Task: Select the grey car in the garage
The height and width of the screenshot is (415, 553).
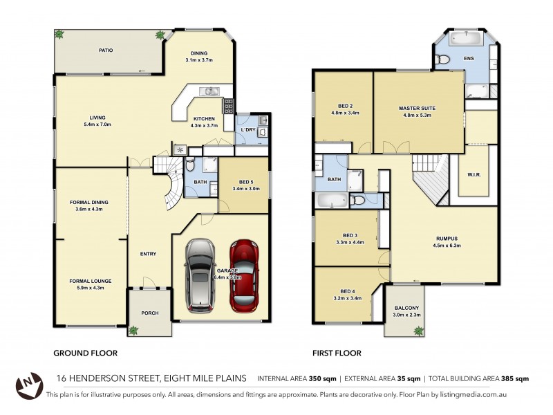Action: (200, 274)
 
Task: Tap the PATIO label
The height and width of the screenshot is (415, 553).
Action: (105, 50)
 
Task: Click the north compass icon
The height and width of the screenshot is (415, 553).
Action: (27, 385)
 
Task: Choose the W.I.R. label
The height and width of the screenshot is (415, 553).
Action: (474, 175)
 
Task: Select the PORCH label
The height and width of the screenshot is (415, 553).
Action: (149, 313)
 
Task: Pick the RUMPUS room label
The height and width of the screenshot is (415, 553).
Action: (446, 239)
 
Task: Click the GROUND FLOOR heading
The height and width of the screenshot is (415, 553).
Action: (85, 353)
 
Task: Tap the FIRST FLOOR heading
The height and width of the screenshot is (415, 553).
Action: (337, 353)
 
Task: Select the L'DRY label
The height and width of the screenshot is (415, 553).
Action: (248, 131)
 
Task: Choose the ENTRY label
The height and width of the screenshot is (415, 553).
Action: (148, 254)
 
